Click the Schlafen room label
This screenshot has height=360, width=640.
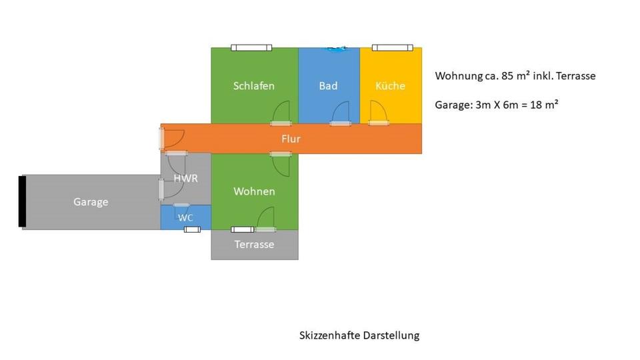click(254, 86)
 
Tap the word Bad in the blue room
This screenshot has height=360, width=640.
click(328, 86)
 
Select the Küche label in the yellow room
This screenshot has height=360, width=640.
click(390, 86)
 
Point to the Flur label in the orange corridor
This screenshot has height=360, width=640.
click(291, 139)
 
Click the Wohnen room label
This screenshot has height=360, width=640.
click(254, 192)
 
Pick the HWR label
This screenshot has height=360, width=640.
click(186, 179)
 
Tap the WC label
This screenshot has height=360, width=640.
click(185, 217)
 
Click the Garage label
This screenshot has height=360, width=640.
click(91, 202)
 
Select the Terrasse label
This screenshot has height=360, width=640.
click(254, 245)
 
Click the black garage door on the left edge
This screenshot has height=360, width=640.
click(22, 201)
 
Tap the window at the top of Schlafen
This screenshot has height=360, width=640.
click(251, 47)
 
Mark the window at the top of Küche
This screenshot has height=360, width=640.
click(393, 47)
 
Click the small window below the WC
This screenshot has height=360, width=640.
click(192, 229)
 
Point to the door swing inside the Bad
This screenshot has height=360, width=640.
click(341, 113)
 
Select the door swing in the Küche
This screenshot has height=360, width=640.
click(378, 112)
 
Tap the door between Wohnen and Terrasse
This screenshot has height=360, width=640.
click(266, 219)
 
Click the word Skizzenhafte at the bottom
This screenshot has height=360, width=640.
click(329, 335)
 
